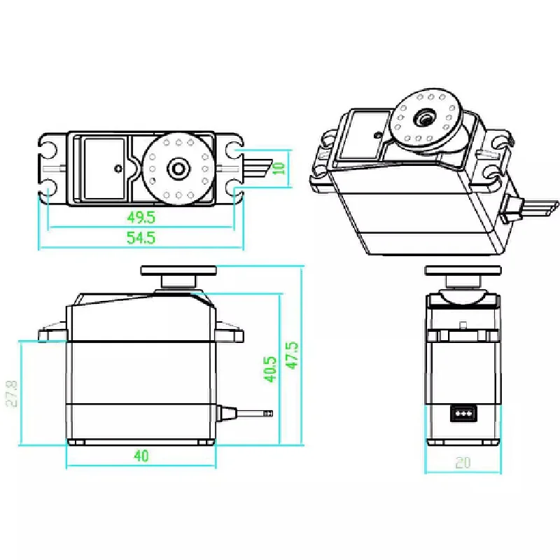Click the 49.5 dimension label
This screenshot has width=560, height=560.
point(142,217)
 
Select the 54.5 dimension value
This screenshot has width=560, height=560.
point(142,238)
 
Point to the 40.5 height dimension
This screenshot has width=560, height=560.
point(271,369)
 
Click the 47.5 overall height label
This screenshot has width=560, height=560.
point(292,356)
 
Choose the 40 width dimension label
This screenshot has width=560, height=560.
point(141,456)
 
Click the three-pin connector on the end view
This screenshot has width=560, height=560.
point(463,413)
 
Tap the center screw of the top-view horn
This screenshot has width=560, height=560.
point(178,168)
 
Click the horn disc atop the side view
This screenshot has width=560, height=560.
point(178,270)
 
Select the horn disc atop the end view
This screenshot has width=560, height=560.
point(463,270)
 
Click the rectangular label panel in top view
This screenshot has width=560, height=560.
point(104,168)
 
